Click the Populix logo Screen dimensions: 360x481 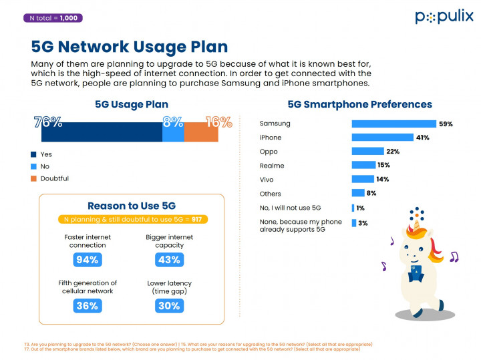[x=444, y=17]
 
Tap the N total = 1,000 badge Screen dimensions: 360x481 [x=53, y=18]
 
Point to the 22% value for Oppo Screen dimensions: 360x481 [x=393, y=152]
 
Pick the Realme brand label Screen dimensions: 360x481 [x=272, y=166]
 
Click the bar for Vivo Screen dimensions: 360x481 [x=363, y=179]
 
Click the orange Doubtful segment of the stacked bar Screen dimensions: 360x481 [x=201, y=132]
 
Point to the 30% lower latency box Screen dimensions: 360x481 [x=170, y=305]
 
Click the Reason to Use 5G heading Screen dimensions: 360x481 [x=132, y=206]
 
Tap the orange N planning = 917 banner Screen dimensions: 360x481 [x=132, y=219]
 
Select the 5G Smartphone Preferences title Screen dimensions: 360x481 [x=359, y=104]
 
